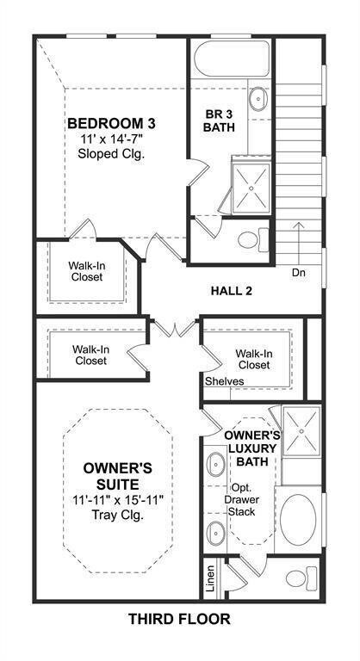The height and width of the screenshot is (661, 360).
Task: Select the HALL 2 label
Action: point(231,291)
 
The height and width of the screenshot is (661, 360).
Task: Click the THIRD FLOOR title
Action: point(179,618)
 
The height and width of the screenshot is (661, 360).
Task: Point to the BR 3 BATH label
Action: point(218,120)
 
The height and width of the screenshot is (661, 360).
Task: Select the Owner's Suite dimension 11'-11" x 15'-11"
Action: point(118,499)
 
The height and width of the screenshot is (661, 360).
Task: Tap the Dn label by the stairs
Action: point(299,274)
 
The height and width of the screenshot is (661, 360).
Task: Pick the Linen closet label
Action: point(210,578)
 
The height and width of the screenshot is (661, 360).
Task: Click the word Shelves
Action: point(225,380)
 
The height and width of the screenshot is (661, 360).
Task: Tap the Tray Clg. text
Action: point(118,516)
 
